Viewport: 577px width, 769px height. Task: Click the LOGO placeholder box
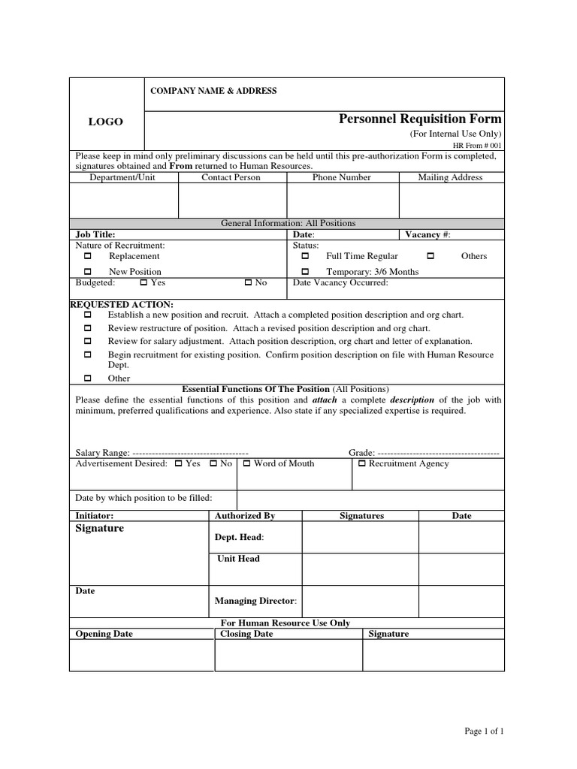coord(106,122)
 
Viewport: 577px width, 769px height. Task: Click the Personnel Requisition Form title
coord(420,119)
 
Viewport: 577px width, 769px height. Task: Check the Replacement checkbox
coord(88,256)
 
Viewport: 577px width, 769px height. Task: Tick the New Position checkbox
coord(88,272)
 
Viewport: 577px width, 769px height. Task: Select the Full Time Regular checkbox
coord(305,256)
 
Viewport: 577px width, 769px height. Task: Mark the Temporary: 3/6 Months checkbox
coord(305,272)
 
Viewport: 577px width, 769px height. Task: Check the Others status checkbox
coord(430,256)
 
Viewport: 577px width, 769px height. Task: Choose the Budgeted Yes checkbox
coord(143,283)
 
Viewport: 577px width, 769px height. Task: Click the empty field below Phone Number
coord(342,201)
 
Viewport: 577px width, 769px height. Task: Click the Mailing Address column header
coord(450,177)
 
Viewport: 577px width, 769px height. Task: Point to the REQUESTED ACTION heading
coord(122,304)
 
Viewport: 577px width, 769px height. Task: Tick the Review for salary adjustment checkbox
coord(88,341)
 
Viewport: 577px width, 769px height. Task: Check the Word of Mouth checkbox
coord(246,464)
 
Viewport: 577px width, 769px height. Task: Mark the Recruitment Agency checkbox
coord(361,464)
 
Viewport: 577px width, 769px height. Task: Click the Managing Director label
coord(255,601)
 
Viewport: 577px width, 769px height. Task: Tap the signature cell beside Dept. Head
coord(360,537)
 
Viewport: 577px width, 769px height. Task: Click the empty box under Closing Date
coord(288,655)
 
